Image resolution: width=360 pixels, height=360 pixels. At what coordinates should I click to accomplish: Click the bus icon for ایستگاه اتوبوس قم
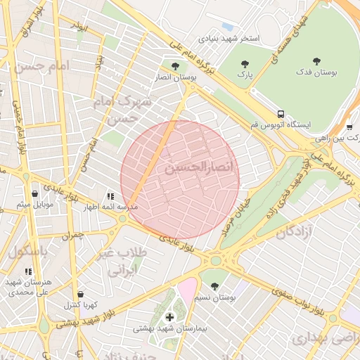coord(281,113)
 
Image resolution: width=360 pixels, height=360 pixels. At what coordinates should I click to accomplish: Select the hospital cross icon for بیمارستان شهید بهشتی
coord(169,317)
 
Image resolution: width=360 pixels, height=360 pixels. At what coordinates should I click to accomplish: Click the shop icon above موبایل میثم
coord(34,193)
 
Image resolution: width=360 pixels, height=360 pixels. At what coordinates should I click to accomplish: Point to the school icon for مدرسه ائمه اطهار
coord(110,196)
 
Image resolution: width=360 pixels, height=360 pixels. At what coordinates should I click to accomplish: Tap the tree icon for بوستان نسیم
coord(214,286)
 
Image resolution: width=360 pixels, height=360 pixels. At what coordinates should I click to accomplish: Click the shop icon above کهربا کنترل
coord(82,294)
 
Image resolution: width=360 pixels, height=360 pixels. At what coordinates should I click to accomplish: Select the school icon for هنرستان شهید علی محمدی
coord(28,271)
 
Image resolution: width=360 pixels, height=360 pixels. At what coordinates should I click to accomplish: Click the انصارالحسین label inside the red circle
coord(192,169)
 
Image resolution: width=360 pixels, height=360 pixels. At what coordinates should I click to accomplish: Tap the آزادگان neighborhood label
coord(294,231)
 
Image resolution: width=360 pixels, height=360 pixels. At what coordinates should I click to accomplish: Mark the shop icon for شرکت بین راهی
coord(349,127)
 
